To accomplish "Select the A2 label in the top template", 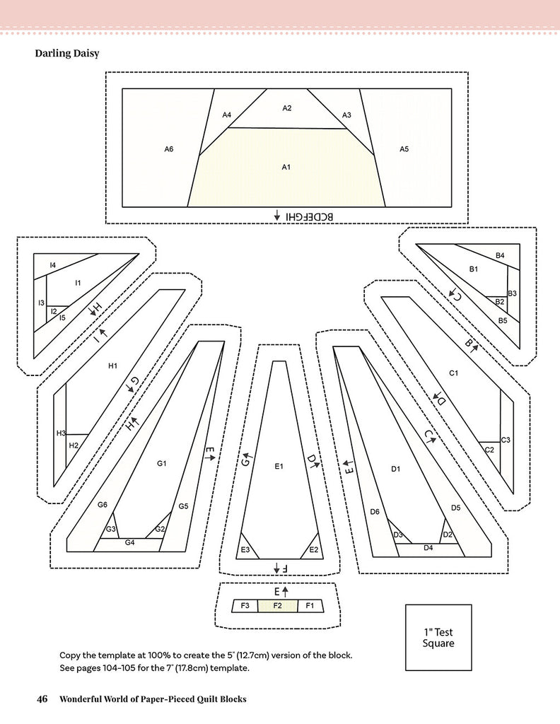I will tap(287, 108).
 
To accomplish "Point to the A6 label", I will tap(169, 148).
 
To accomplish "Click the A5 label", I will tap(404, 148).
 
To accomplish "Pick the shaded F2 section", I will tap(278, 606).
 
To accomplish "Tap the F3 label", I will tap(245, 606).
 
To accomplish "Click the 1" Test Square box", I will tap(433, 637).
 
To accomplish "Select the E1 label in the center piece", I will tap(279, 467).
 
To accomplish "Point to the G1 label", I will tap(161, 464).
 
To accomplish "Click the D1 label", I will tap(396, 469).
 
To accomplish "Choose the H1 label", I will tap(112, 366).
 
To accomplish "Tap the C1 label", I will tap(454, 373).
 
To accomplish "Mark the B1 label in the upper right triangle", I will tap(474, 269).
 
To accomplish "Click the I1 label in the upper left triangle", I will tap(78, 283).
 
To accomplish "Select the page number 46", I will tap(42, 699).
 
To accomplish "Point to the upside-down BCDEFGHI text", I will tap(309, 215).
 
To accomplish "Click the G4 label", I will tap(129, 542).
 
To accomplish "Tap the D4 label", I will tap(428, 548).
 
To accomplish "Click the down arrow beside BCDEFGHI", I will tap(277, 215).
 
